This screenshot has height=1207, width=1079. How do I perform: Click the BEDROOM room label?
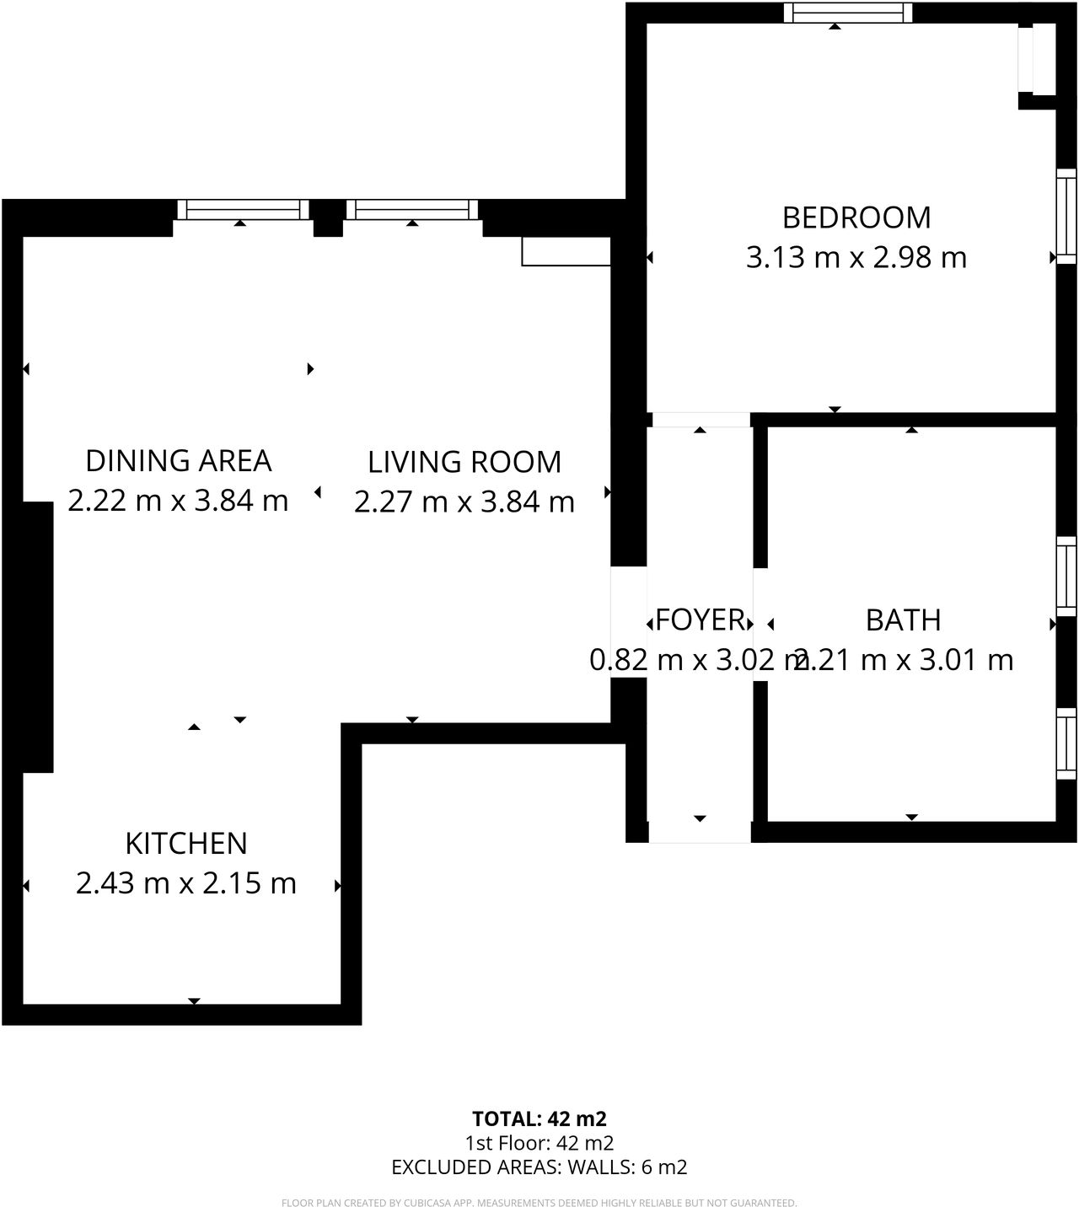click(856, 217)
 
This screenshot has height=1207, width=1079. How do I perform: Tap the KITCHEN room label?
click(186, 844)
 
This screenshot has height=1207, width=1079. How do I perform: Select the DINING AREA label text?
click(179, 461)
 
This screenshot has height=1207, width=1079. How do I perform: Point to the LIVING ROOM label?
click(464, 463)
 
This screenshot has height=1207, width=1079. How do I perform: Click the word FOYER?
click(700, 620)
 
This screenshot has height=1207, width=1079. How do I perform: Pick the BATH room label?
click(903, 620)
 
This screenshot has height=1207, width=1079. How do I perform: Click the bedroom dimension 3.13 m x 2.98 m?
click(856, 257)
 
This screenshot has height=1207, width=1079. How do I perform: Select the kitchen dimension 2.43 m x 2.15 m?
click(186, 883)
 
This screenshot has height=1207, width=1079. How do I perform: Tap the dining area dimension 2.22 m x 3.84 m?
click(179, 501)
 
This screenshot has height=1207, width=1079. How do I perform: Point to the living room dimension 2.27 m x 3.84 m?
click(464, 502)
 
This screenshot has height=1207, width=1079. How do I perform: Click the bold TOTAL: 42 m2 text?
click(539, 1118)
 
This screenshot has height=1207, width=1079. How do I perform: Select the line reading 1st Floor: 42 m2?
click(539, 1143)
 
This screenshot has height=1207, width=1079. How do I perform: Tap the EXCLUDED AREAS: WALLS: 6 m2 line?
click(539, 1167)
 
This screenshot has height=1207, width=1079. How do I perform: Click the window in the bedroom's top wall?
click(848, 13)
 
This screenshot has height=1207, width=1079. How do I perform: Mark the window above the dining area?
click(243, 209)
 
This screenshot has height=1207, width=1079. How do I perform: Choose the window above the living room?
click(412, 209)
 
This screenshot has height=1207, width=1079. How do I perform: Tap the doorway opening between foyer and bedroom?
click(701, 420)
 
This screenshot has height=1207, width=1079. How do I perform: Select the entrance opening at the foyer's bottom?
click(700, 832)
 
